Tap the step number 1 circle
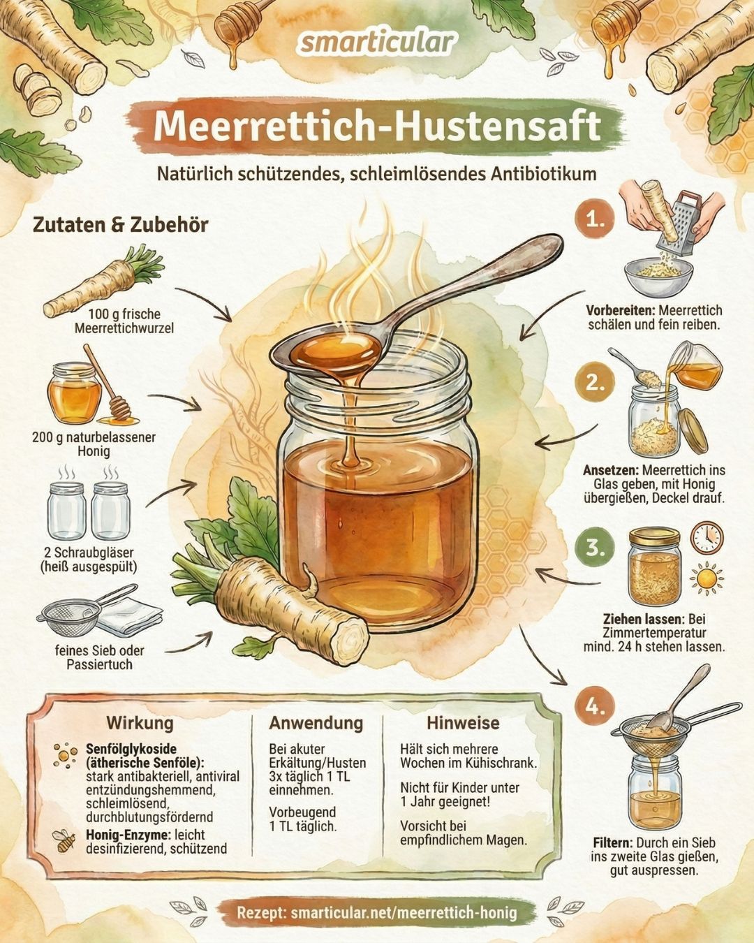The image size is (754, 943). click(595, 219)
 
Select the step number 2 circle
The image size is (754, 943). click(595, 383)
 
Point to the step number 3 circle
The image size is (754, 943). click(595, 548)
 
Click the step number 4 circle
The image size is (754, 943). click(595, 707)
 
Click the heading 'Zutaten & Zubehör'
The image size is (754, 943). click(121, 225)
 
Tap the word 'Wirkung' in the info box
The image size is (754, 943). click(140, 722)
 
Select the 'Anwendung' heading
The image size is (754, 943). click(316, 723)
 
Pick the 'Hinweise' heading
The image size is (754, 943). click(463, 723)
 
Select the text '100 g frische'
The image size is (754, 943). click(124, 314)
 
